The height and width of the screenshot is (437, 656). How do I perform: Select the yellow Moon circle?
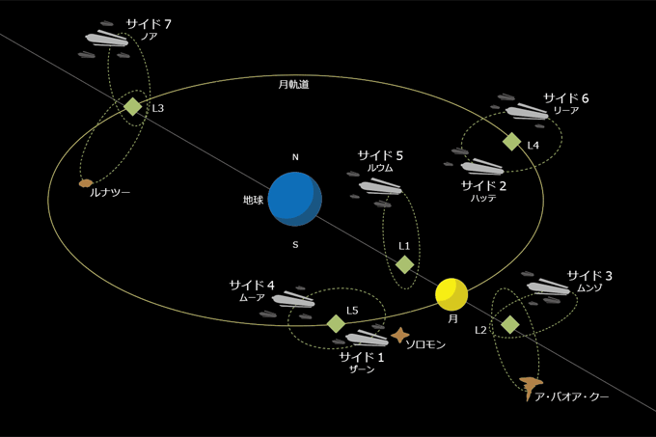pyautogui.click(x=451, y=292)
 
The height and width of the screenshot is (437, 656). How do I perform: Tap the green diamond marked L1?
pyautogui.click(x=405, y=264)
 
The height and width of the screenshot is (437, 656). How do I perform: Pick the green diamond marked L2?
pyautogui.click(x=509, y=325)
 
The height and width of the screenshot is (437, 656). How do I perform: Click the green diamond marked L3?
pyautogui.click(x=132, y=106)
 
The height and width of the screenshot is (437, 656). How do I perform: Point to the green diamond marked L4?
pyautogui.click(x=511, y=142)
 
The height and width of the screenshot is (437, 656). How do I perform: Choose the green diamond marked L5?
pyautogui.click(x=336, y=323)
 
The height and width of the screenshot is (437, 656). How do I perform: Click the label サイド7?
pyautogui.click(x=149, y=22)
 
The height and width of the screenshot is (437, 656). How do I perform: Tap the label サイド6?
pyautogui.click(x=565, y=97)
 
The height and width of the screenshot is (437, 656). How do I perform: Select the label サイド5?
pyautogui.click(x=381, y=154)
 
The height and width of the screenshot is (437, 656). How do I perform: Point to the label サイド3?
pyautogui.click(x=589, y=276)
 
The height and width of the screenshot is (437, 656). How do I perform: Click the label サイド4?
pyautogui.click(x=252, y=286)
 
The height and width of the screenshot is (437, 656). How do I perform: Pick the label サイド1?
pyautogui.click(x=361, y=358)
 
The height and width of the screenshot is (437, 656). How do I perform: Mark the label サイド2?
pyautogui.click(x=483, y=184)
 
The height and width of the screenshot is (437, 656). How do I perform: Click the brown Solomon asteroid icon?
pyautogui.click(x=400, y=336)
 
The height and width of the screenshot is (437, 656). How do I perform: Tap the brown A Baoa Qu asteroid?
pyautogui.click(x=529, y=387)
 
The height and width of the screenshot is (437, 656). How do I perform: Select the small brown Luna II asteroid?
pyautogui.click(x=86, y=182)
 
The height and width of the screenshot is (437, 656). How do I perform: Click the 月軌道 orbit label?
pyautogui.click(x=293, y=84)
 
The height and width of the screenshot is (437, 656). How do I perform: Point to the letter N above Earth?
pyautogui.click(x=295, y=156)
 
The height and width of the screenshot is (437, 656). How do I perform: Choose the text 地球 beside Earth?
pyautogui.click(x=254, y=201)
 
